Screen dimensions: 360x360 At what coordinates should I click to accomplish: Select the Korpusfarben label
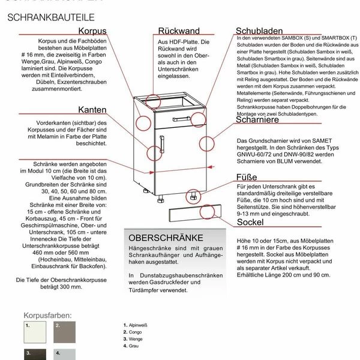(47, 314)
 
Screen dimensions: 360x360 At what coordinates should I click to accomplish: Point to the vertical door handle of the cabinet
(161, 144)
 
